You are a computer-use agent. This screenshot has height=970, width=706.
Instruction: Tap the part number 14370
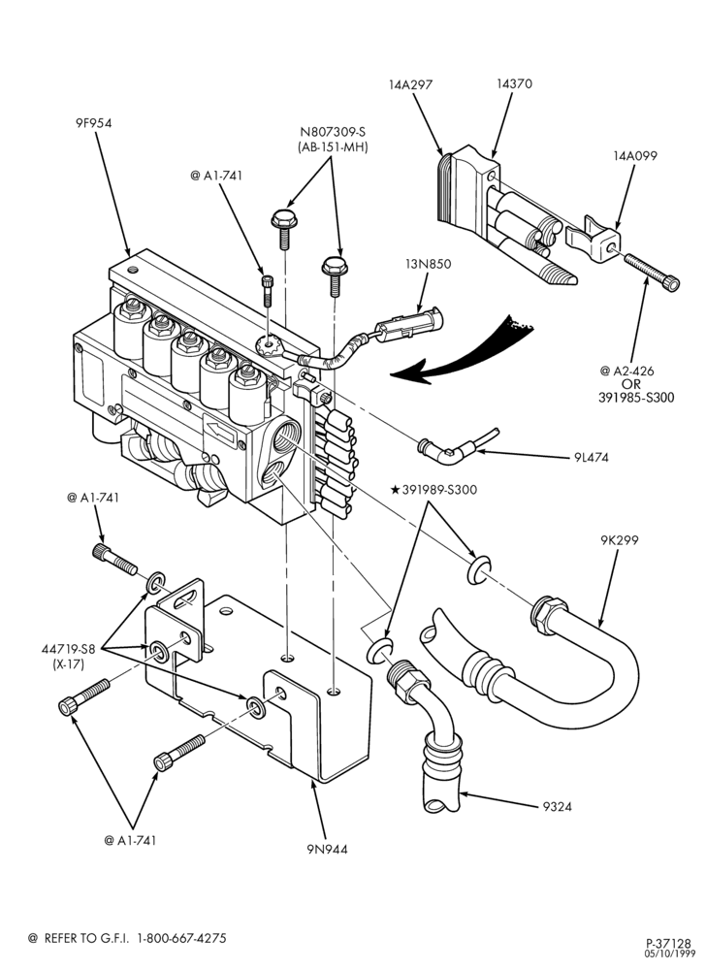click(514, 83)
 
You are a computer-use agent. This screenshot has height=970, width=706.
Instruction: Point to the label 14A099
click(635, 156)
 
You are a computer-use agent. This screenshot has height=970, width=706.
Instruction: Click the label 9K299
click(619, 540)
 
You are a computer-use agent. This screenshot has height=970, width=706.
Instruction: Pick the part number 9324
click(557, 806)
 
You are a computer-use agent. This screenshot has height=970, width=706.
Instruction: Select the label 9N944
click(327, 849)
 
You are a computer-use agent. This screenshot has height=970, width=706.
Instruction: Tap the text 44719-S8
click(69, 650)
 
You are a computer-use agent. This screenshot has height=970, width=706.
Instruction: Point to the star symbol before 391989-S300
click(395, 490)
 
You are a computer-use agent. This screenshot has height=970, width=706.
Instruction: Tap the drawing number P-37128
click(668, 944)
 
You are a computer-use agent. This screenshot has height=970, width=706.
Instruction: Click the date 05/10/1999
click(668, 954)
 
